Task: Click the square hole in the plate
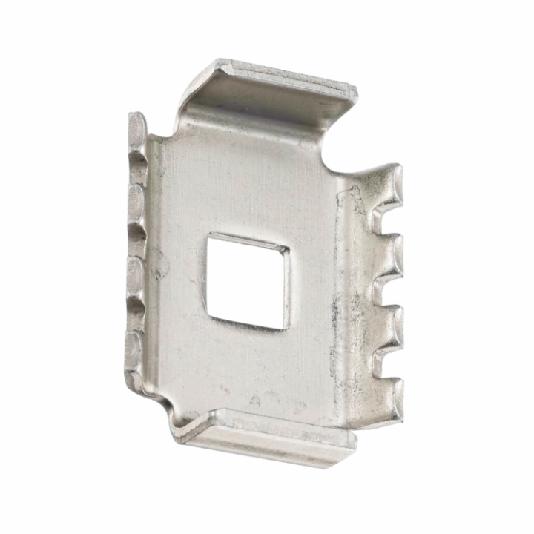point(248,278)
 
